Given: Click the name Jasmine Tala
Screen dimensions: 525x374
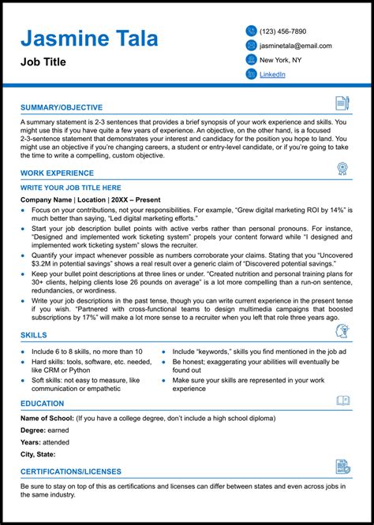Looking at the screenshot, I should pos(89,39).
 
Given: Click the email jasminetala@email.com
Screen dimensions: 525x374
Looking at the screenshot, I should pos(295,46).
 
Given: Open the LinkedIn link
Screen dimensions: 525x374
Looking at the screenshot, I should pos(272,74).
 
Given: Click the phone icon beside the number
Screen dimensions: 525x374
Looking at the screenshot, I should pos(251,32).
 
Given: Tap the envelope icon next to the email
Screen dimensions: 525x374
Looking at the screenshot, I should pos(251,46).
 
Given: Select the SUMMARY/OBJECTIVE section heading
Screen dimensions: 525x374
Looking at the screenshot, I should pos(62,107).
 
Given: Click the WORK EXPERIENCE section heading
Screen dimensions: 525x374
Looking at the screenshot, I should pos(58,172).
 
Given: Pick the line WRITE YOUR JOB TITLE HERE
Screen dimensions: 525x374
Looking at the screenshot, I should pos(71,188).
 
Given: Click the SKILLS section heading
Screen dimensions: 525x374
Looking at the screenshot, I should pos(34,335).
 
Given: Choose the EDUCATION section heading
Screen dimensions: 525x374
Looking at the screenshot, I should pos(43,404).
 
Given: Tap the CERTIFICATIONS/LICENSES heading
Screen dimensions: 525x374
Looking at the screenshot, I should pos(71,471).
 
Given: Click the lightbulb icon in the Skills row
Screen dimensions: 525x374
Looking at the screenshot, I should pos(342,331).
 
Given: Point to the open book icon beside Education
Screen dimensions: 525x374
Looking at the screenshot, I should pos(342,400).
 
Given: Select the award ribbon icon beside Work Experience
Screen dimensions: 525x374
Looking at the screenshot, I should pos(342,168).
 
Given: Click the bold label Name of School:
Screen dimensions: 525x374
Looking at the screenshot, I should pos(47,417).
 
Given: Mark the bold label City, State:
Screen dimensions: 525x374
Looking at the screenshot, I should pos(39,454).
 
